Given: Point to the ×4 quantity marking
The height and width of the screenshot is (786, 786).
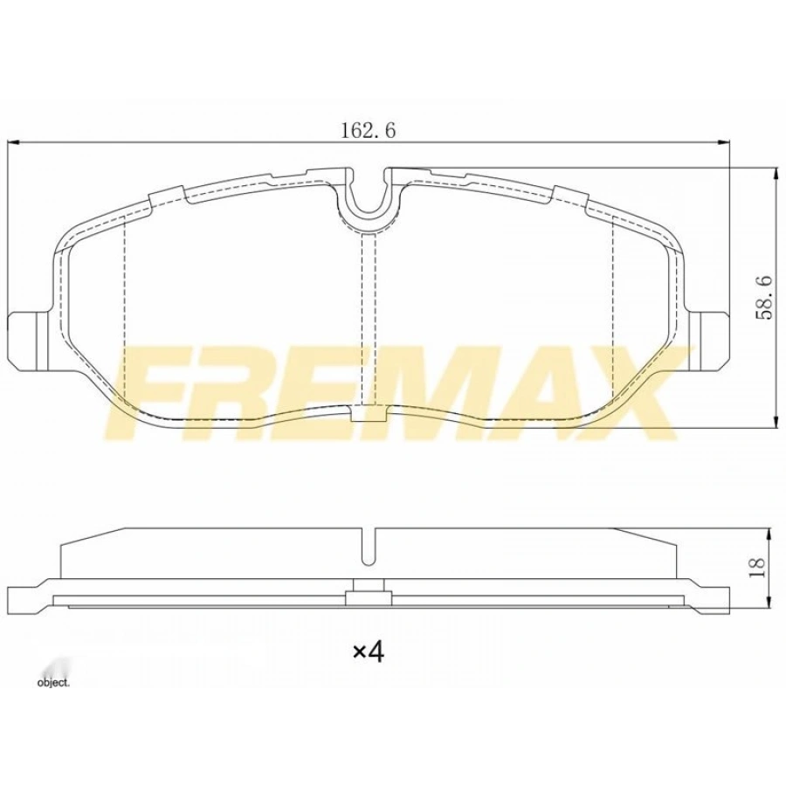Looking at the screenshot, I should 368,651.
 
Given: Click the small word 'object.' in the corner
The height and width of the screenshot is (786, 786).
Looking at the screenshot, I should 52,682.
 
